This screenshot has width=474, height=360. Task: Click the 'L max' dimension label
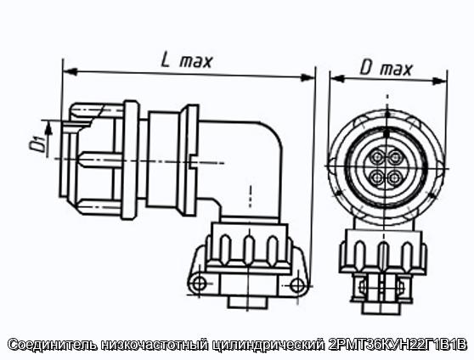tap(187, 60)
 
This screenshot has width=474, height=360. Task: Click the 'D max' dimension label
tap(386, 69)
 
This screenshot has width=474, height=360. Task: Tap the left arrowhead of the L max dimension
tap(70, 71)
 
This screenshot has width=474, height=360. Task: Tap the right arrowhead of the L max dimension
tap(308, 77)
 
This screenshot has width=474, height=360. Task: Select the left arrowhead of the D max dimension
tap(338, 78)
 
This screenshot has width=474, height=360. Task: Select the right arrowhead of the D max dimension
tap(440, 81)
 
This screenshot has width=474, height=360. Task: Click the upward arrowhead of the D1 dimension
tap(48, 128)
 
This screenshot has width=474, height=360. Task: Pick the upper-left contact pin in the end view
tap(377, 156)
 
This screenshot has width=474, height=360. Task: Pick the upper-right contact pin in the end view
tap(395, 157)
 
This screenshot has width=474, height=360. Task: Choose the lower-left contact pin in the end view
tap(377, 177)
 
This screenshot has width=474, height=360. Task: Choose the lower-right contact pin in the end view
tap(395, 177)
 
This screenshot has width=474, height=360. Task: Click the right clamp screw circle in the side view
tap(297, 284)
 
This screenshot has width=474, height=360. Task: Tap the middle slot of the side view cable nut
tap(249, 250)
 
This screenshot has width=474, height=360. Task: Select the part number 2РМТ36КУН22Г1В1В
tap(398, 345)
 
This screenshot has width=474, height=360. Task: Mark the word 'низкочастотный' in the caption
tap(155, 345)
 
